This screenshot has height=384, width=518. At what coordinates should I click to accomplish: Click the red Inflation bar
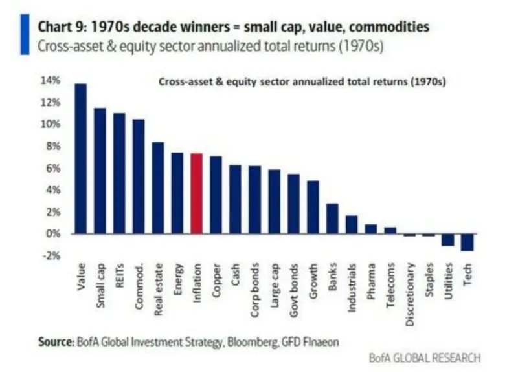pos(197,193)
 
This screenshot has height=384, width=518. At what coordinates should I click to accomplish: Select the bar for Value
pos(81,158)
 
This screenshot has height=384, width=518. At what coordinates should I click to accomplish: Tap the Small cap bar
pos(100,171)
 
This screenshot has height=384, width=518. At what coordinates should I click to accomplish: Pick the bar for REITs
pos(120,173)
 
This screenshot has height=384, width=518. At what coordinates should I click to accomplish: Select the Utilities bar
pos(448,239)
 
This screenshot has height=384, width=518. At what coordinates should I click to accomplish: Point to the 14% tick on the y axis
pos(52,80)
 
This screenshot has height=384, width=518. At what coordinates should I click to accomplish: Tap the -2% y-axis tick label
pos(52,255)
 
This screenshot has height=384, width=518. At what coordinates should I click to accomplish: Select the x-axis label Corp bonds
pos(256,285)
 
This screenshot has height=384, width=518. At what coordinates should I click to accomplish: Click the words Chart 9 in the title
pos(62,27)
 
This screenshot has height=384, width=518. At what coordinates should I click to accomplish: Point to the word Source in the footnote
pos(52,341)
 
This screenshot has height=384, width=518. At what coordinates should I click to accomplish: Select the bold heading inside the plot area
pos(304,83)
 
